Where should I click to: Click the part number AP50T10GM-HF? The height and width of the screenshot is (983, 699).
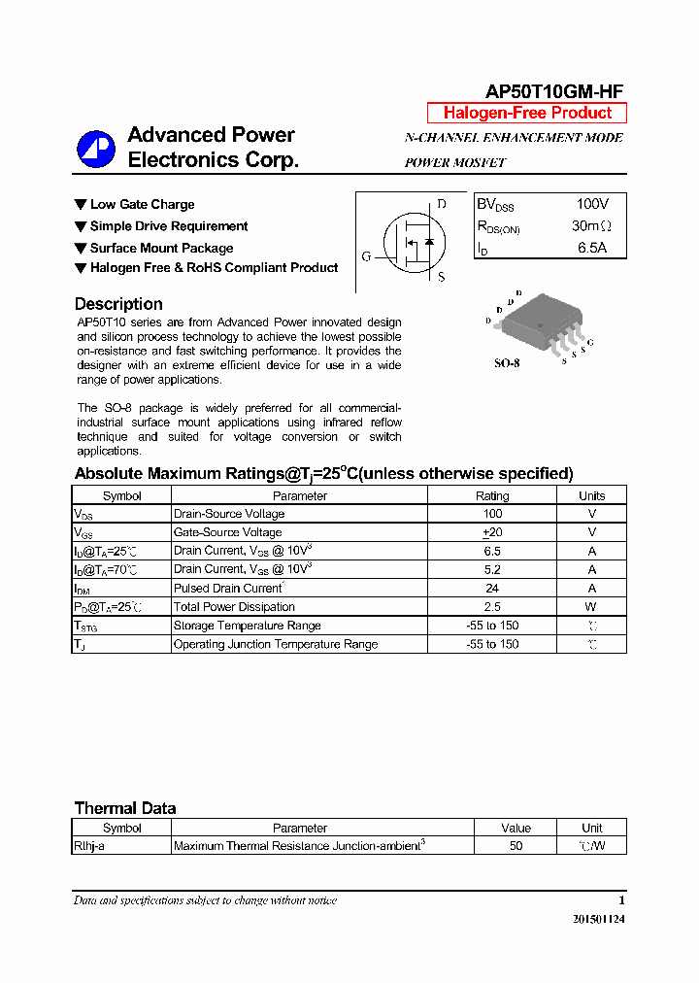coord(554,91)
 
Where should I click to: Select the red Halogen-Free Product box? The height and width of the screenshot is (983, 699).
coord(527,113)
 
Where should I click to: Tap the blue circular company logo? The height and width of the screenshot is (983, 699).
coord(96,149)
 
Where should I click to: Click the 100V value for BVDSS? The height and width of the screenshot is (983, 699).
coord(592,205)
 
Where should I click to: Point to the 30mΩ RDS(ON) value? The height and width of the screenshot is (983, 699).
coord(591,226)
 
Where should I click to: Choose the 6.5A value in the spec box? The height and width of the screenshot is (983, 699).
coord(592,248)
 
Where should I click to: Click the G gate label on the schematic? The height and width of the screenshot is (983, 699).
coord(366,256)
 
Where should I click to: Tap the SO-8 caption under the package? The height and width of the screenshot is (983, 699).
coord(508,363)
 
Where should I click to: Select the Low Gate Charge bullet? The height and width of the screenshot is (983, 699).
coord(142,205)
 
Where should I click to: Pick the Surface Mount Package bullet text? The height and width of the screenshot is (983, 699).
coord(161,248)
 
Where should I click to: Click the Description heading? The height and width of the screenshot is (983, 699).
coord(118,304)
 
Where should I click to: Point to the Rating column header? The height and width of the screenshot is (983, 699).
coord(492,495)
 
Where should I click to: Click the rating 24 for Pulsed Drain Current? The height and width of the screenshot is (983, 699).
coord(492,589)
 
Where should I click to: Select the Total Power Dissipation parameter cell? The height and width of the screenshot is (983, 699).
coord(233,607)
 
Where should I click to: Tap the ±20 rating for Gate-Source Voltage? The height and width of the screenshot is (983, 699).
coord(492,532)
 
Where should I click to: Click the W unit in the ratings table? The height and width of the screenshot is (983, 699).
coord(591,607)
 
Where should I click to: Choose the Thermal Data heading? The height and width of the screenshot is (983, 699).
coord(125,808)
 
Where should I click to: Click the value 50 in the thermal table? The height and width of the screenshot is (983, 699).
coord(516,846)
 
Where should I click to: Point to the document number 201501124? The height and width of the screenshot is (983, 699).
coord(598,919)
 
